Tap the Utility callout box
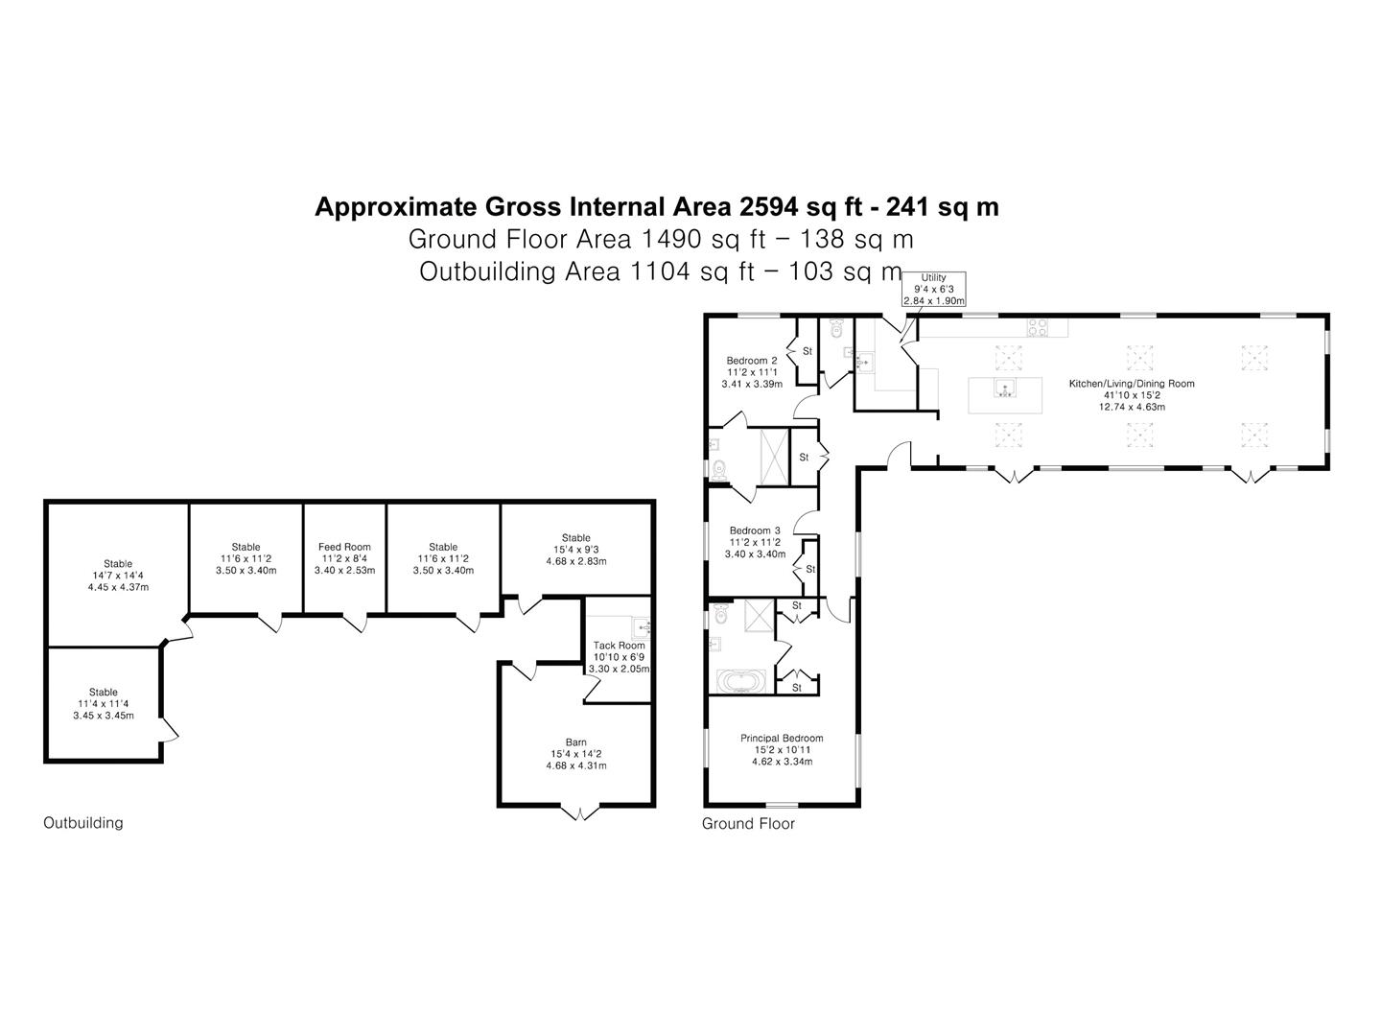934,290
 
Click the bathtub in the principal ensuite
741,682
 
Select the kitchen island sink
1005,388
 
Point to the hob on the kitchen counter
1037,328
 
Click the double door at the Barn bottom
579,812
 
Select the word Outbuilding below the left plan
83,823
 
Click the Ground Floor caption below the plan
748,823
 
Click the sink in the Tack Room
643,626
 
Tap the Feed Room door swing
356,623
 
